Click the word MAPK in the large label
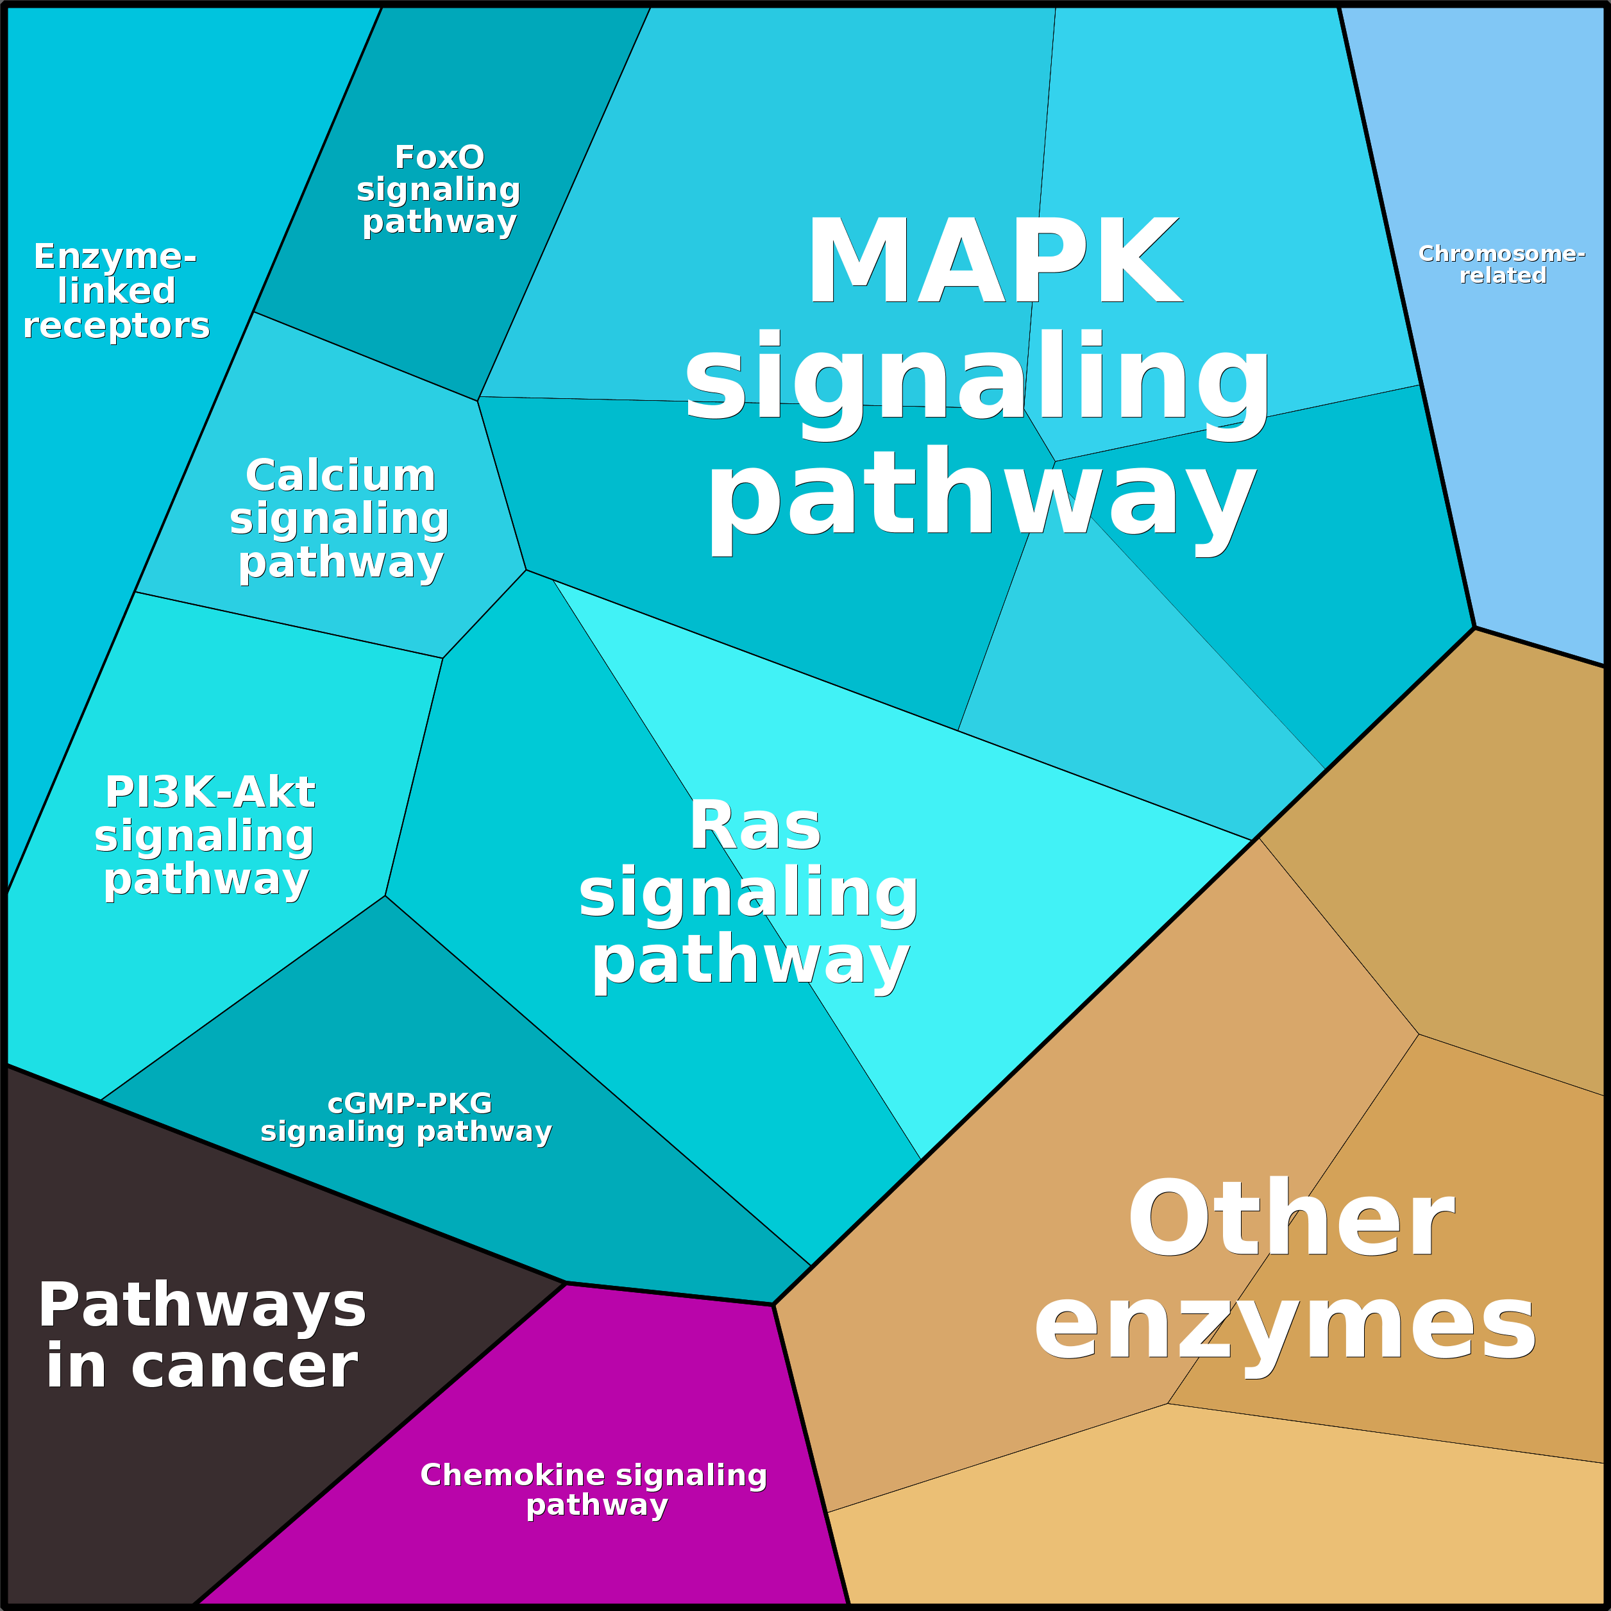pos(993,261)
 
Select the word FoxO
pos(439,156)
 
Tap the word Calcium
pos(340,476)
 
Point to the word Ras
pos(755,827)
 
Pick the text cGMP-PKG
pos(409,1104)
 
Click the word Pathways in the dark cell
pos(202,1306)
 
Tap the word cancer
pos(244,1367)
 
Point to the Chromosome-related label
pos(1502,264)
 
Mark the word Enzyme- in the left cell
pos(115,256)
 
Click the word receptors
pos(116,326)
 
